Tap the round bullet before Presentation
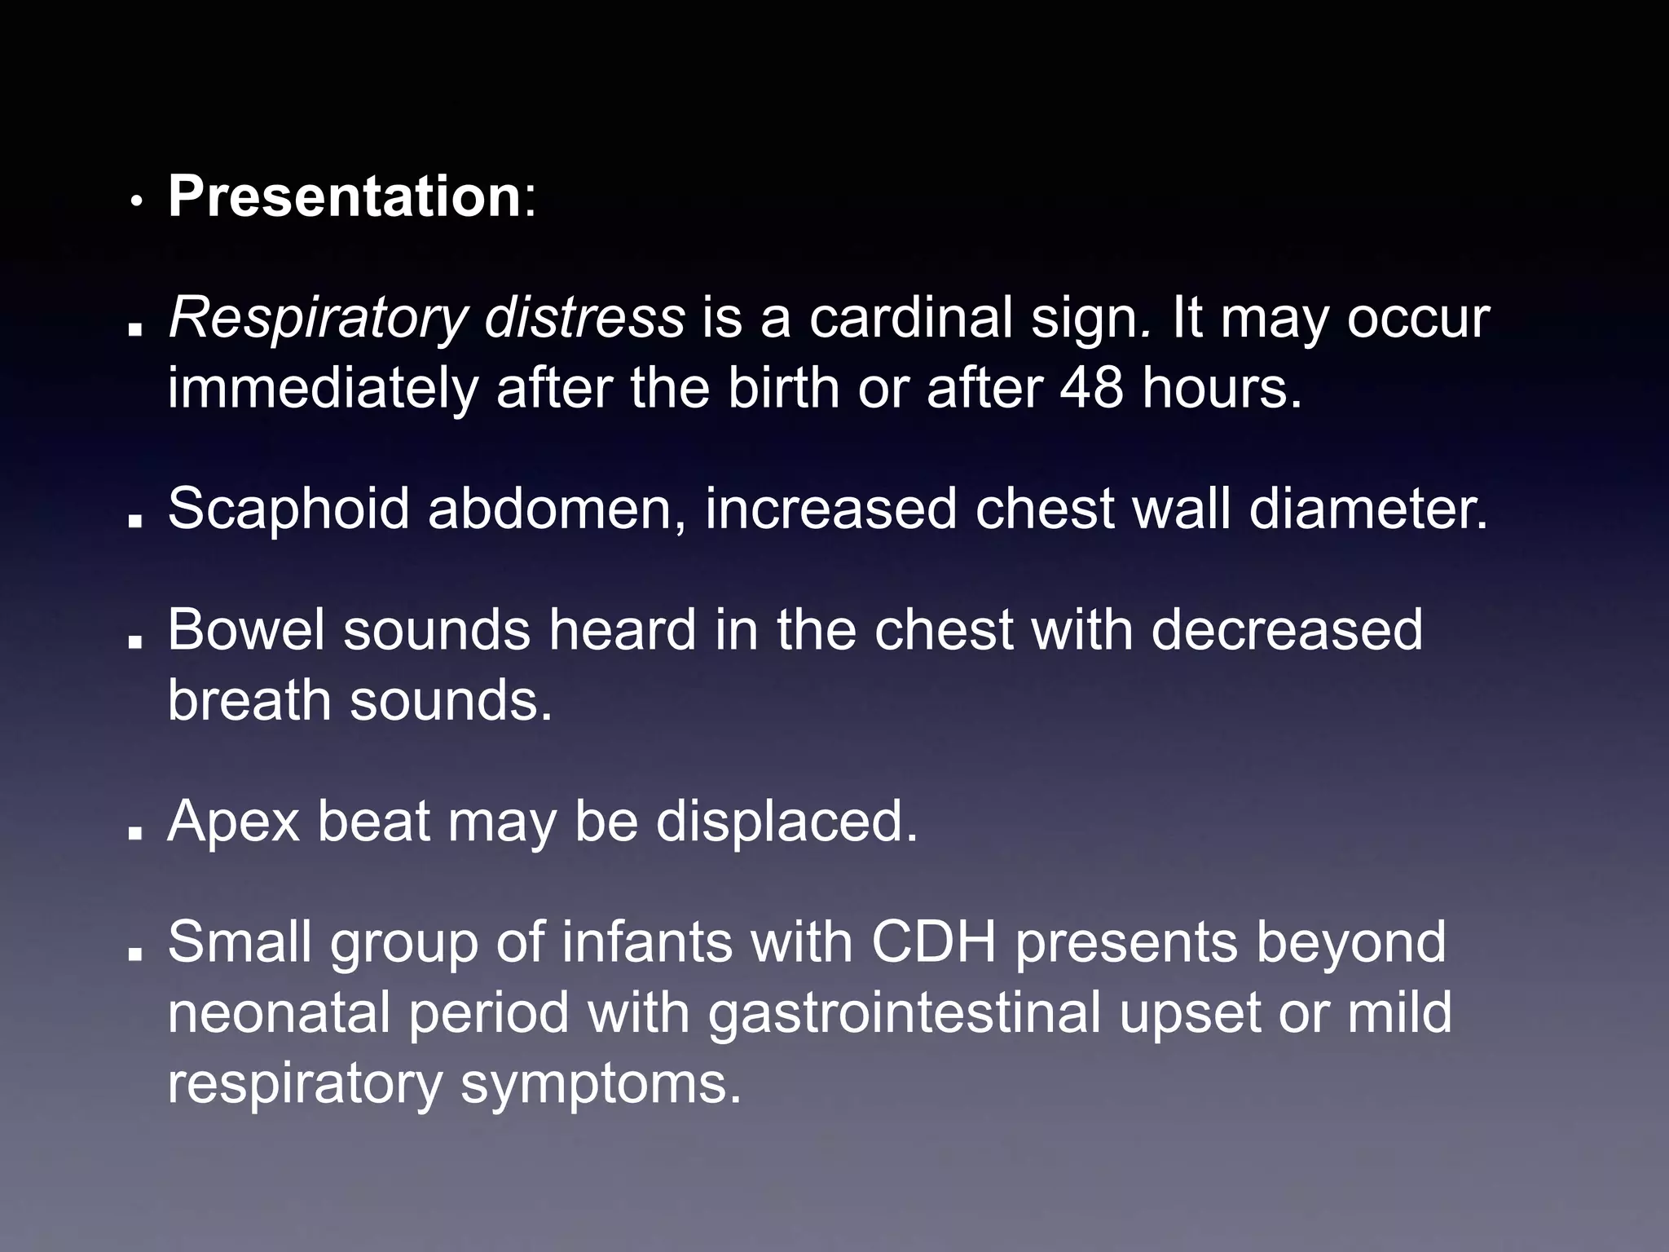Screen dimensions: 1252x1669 (139, 201)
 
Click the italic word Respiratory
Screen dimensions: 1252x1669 (317, 319)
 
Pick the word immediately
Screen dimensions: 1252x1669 (323, 389)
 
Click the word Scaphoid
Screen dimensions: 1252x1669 (288, 509)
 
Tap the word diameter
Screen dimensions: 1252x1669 (1368, 508)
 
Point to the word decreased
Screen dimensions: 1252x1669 (1287, 629)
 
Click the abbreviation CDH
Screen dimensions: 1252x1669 (934, 941)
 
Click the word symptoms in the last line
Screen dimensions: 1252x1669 (601, 1084)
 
